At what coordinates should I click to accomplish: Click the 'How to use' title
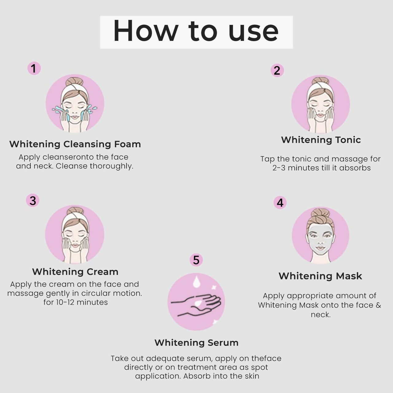coord(196,32)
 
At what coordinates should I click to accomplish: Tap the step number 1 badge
coord(34,68)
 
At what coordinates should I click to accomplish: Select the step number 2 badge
coord(277,70)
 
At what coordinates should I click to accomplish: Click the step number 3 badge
coord(33,201)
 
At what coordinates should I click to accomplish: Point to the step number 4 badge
coord(280,203)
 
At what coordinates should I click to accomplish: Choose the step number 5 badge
coord(196,260)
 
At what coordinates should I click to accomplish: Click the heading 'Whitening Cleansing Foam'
coord(75,144)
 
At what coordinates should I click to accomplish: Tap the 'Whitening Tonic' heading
coord(321,140)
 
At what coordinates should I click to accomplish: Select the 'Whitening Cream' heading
coord(75,272)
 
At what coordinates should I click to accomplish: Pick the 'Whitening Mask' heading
coord(320,276)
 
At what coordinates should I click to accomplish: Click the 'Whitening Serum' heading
coord(196,343)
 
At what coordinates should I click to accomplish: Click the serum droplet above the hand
coord(196,282)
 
